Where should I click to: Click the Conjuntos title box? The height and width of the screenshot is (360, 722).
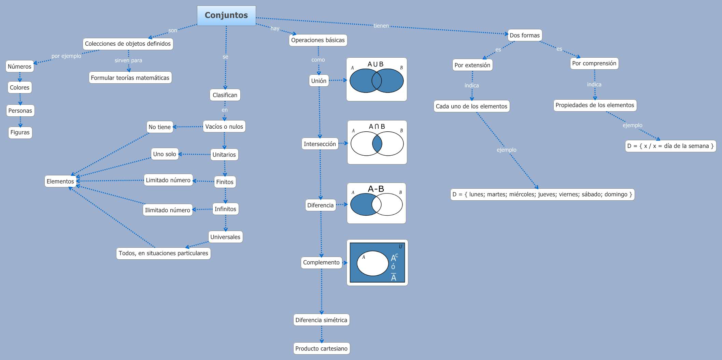click(x=226, y=15)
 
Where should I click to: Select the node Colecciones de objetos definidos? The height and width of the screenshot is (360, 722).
click(x=128, y=44)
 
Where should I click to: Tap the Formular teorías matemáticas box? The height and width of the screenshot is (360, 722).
click(x=130, y=78)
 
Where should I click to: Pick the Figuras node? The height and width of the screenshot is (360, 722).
click(x=20, y=132)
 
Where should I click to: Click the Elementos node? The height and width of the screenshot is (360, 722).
click(x=60, y=181)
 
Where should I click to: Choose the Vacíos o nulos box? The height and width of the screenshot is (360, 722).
click(x=224, y=127)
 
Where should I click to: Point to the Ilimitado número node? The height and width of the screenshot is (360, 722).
click(x=167, y=210)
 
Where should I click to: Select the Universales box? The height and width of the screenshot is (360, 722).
click(x=225, y=237)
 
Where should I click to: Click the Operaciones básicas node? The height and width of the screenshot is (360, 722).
click(x=318, y=40)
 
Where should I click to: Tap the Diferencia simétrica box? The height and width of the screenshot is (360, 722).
click(x=321, y=320)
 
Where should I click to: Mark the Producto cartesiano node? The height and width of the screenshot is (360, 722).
click(x=321, y=348)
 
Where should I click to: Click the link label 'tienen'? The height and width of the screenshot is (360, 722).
click(x=381, y=26)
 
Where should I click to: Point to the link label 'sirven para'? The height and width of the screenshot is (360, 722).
click(x=128, y=60)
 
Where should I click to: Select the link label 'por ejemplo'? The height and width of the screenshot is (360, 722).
click(x=66, y=56)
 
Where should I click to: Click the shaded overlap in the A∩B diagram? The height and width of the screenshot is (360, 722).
click(x=377, y=144)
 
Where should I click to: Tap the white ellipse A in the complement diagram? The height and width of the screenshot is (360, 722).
click(x=372, y=263)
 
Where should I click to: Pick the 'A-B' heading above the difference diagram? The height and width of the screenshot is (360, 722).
click(x=376, y=189)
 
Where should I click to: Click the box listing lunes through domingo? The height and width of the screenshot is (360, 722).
click(x=542, y=195)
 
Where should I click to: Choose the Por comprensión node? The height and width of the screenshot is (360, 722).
click(x=594, y=63)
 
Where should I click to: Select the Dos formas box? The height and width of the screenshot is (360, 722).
click(x=524, y=35)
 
